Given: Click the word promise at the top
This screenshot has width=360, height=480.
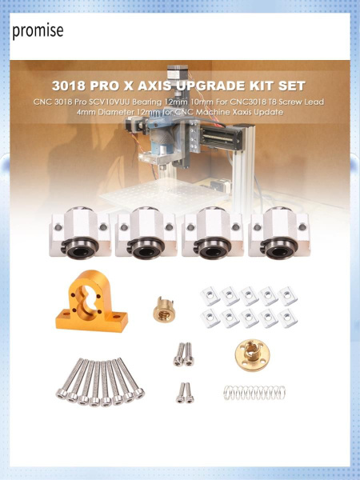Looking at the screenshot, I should [x=37, y=31].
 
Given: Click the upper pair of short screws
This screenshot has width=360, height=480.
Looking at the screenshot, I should [x=183, y=354].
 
